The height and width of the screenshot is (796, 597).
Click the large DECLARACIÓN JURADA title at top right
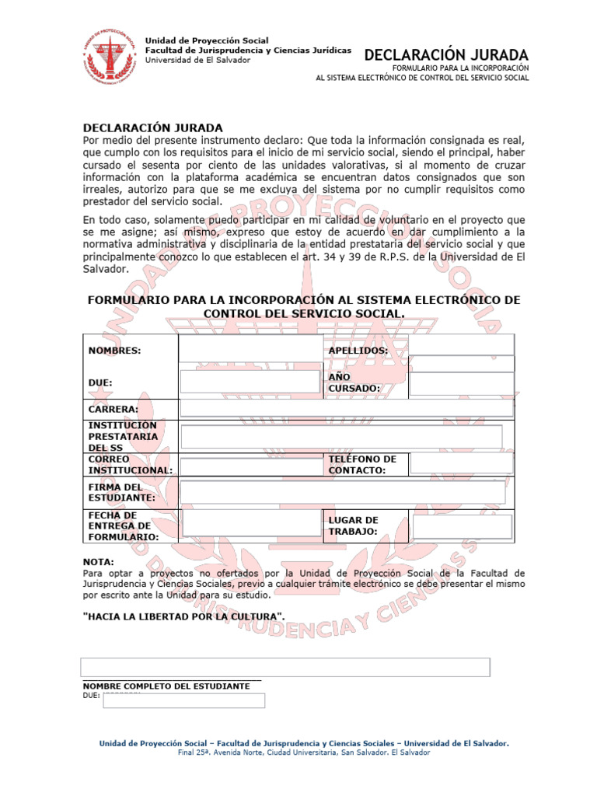pos(446,55)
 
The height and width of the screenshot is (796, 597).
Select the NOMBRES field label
pos(115,351)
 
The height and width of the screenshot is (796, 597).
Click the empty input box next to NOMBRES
pos(250,350)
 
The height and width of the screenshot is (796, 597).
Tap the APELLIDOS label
pos(358,351)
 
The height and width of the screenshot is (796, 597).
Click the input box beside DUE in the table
pos(250,382)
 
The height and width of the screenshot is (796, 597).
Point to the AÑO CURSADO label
pos(354,382)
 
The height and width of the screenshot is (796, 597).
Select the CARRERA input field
pos(346,408)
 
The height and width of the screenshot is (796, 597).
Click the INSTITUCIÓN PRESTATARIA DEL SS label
pos(124,436)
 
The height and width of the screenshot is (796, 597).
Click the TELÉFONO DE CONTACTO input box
pos(461,463)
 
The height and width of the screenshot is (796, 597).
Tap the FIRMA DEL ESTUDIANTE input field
pos(342,492)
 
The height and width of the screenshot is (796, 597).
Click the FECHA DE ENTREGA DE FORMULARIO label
pos(124,526)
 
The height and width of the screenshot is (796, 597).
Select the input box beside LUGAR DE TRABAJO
pos(462,526)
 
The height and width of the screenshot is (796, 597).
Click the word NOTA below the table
pos(99,561)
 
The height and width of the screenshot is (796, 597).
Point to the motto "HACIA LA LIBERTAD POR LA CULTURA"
pos(184,616)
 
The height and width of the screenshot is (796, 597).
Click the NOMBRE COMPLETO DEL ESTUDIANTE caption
pos(166,686)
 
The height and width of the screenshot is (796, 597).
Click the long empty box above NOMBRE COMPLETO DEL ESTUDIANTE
pos(285,667)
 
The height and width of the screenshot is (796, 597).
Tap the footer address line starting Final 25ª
pos(304,752)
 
